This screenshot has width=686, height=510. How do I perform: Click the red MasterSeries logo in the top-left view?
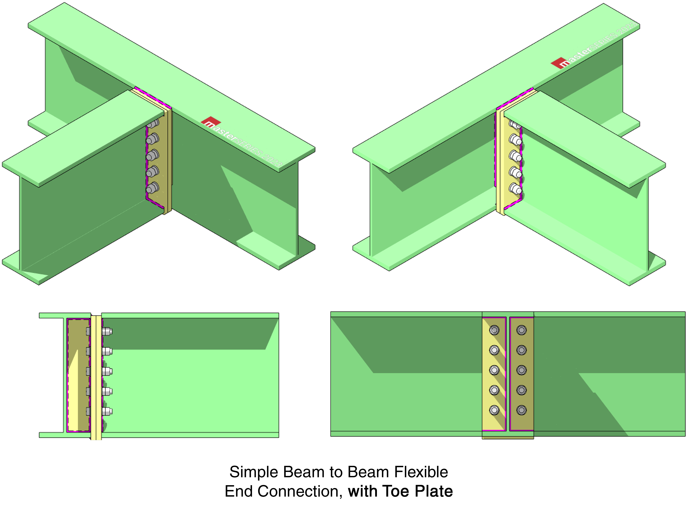coord(211,121)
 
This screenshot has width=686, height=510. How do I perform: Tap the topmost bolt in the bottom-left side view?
coord(107,332)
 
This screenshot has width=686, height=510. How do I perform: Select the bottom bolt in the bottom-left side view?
coord(107,411)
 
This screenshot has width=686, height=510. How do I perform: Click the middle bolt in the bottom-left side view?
coord(107,371)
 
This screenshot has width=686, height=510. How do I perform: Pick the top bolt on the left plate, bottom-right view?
coord(494,330)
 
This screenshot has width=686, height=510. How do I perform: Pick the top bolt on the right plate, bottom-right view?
coord(522,330)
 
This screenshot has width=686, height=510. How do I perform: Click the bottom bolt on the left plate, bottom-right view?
coord(494,410)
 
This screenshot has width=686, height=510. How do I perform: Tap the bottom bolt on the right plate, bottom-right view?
coord(522,410)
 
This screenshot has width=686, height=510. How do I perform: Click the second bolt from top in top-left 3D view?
coord(152,139)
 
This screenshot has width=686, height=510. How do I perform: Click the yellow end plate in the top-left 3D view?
coord(167,161)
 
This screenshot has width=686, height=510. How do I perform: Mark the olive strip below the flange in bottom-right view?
coord(508,437)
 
